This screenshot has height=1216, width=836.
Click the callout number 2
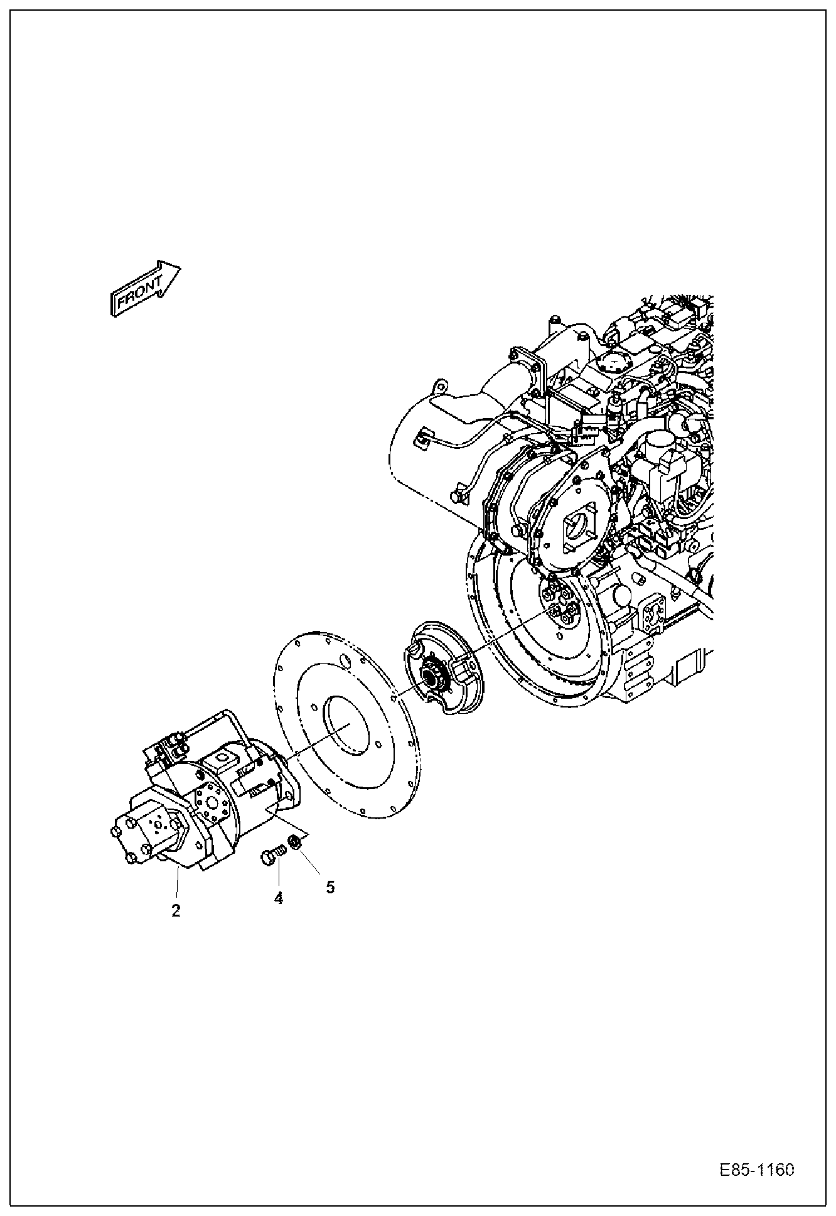tap(176, 910)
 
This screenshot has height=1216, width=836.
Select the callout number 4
tap(278, 898)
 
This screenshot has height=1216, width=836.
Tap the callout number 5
tap(330, 886)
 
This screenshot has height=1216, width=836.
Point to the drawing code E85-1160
tap(757, 1170)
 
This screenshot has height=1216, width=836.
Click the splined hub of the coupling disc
tap(432, 677)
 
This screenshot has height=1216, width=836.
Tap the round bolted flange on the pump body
tap(212, 804)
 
